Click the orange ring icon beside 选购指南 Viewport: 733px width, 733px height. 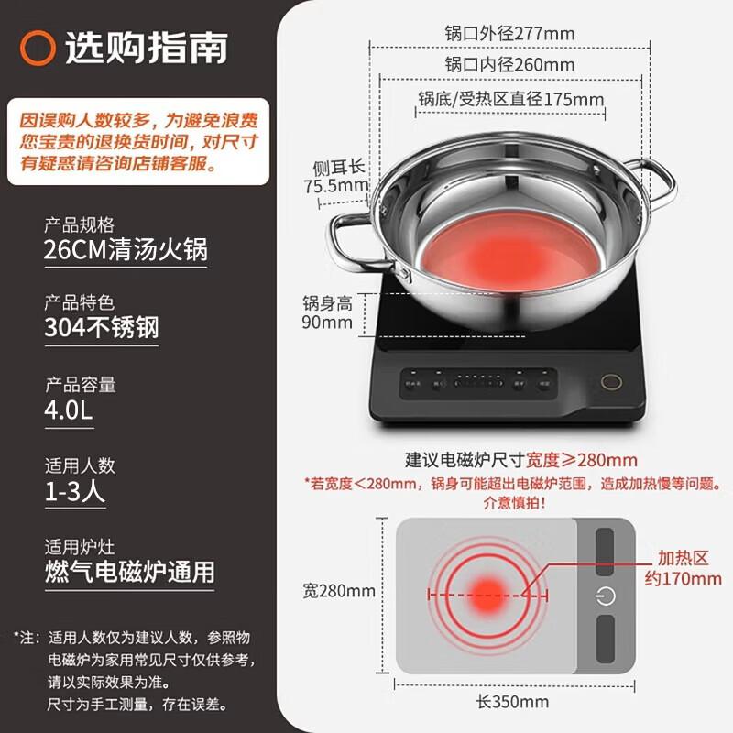coord(38,47)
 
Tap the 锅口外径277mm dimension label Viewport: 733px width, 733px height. coord(509,34)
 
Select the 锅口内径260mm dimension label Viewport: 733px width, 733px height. coord(509,65)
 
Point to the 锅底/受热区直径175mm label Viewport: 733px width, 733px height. coord(511,98)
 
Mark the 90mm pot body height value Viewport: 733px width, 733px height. coord(328,323)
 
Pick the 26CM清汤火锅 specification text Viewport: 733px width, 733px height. coord(126,250)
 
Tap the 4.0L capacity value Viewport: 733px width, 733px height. coord(69,410)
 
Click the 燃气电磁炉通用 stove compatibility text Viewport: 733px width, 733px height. coord(129,572)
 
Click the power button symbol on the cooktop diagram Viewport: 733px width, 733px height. coord(605,596)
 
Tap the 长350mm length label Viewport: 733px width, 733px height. coord(513,703)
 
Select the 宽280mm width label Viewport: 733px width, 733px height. coord(339,591)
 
